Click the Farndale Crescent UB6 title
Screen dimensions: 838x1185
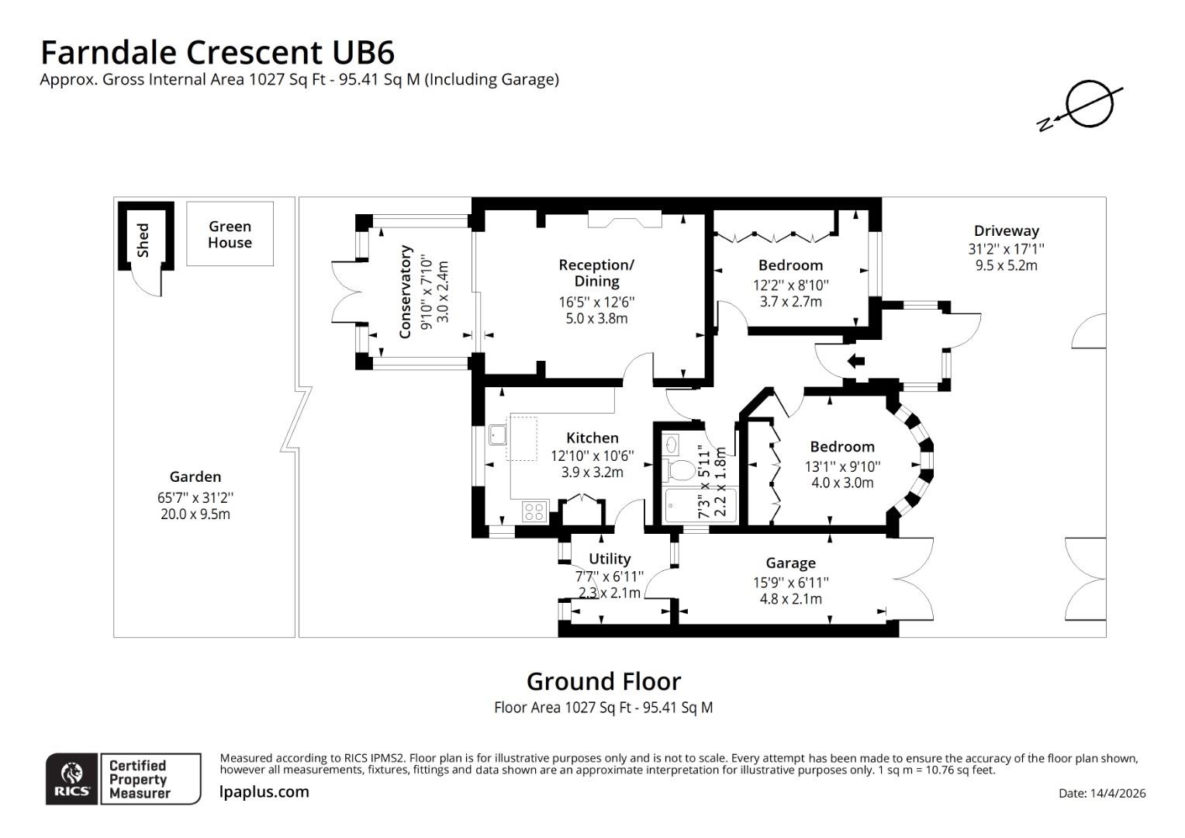[x=217, y=52]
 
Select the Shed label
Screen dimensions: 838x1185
[x=143, y=240]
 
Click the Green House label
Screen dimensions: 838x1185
[x=230, y=234]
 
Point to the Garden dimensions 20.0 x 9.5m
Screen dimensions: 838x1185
[x=195, y=514]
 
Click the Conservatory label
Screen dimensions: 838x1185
[x=405, y=292]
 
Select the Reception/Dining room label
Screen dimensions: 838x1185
[x=596, y=273]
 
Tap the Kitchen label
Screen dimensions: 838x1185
[x=592, y=438]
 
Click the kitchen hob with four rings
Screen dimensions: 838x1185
[x=534, y=511]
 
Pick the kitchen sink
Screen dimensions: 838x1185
[x=497, y=435]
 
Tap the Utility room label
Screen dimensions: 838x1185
[x=610, y=559]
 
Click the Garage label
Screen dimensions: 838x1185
[x=790, y=563]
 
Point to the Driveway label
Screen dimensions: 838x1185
[x=1006, y=230]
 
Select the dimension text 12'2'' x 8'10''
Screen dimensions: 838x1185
[x=790, y=285]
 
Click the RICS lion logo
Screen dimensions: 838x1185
[x=72, y=778]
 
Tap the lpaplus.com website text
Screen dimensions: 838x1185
[x=264, y=792]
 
